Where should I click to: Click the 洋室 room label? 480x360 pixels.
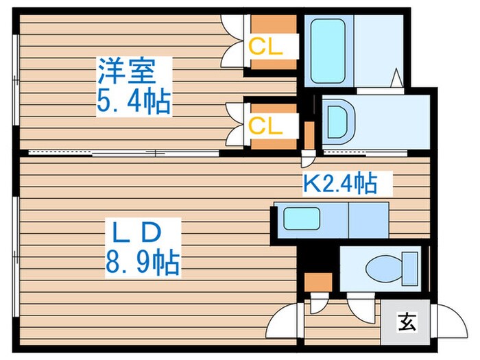click(x=126, y=71)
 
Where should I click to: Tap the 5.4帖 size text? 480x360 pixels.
click(x=134, y=101)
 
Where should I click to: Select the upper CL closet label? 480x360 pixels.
click(x=265, y=47)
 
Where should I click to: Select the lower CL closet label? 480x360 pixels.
click(x=265, y=125)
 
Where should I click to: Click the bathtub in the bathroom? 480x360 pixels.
click(x=328, y=51)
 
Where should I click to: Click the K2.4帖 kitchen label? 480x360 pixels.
click(x=340, y=184)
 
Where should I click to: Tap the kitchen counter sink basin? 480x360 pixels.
click(x=302, y=219)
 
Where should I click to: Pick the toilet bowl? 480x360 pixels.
click(x=384, y=269)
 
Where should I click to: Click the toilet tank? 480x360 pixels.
click(x=410, y=269)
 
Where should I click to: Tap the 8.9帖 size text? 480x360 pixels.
click(x=143, y=263)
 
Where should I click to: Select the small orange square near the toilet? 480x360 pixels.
click(x=318, y=282)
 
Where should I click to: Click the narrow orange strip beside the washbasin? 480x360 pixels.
click(x=309, y=135)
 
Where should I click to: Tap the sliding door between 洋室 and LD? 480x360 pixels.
click(x=123, y=153)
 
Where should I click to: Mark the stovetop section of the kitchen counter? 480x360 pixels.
click(x=369, y=220)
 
